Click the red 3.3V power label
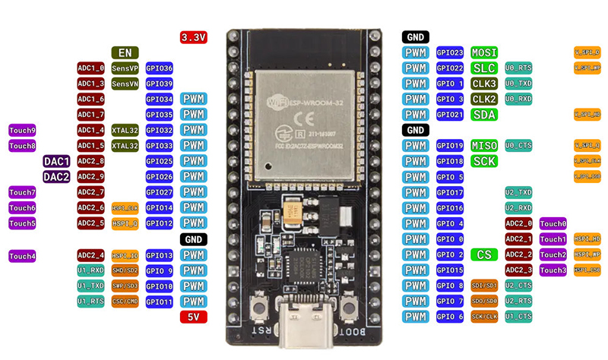pos(194,36)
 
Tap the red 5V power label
pos(194,317)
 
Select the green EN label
pos(125,52)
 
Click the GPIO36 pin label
pos(160,68)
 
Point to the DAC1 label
pos(57,161)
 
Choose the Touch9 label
pos(22,130)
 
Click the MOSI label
pos(484,52)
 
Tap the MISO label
pos(484,145)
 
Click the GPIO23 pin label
pos(450,52)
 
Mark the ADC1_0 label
pos(90,68)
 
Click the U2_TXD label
pos(518,192)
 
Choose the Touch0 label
pos(553,223)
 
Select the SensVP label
pos(125,68)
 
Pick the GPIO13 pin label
pos(160,255)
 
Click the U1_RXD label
pos(90,270)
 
